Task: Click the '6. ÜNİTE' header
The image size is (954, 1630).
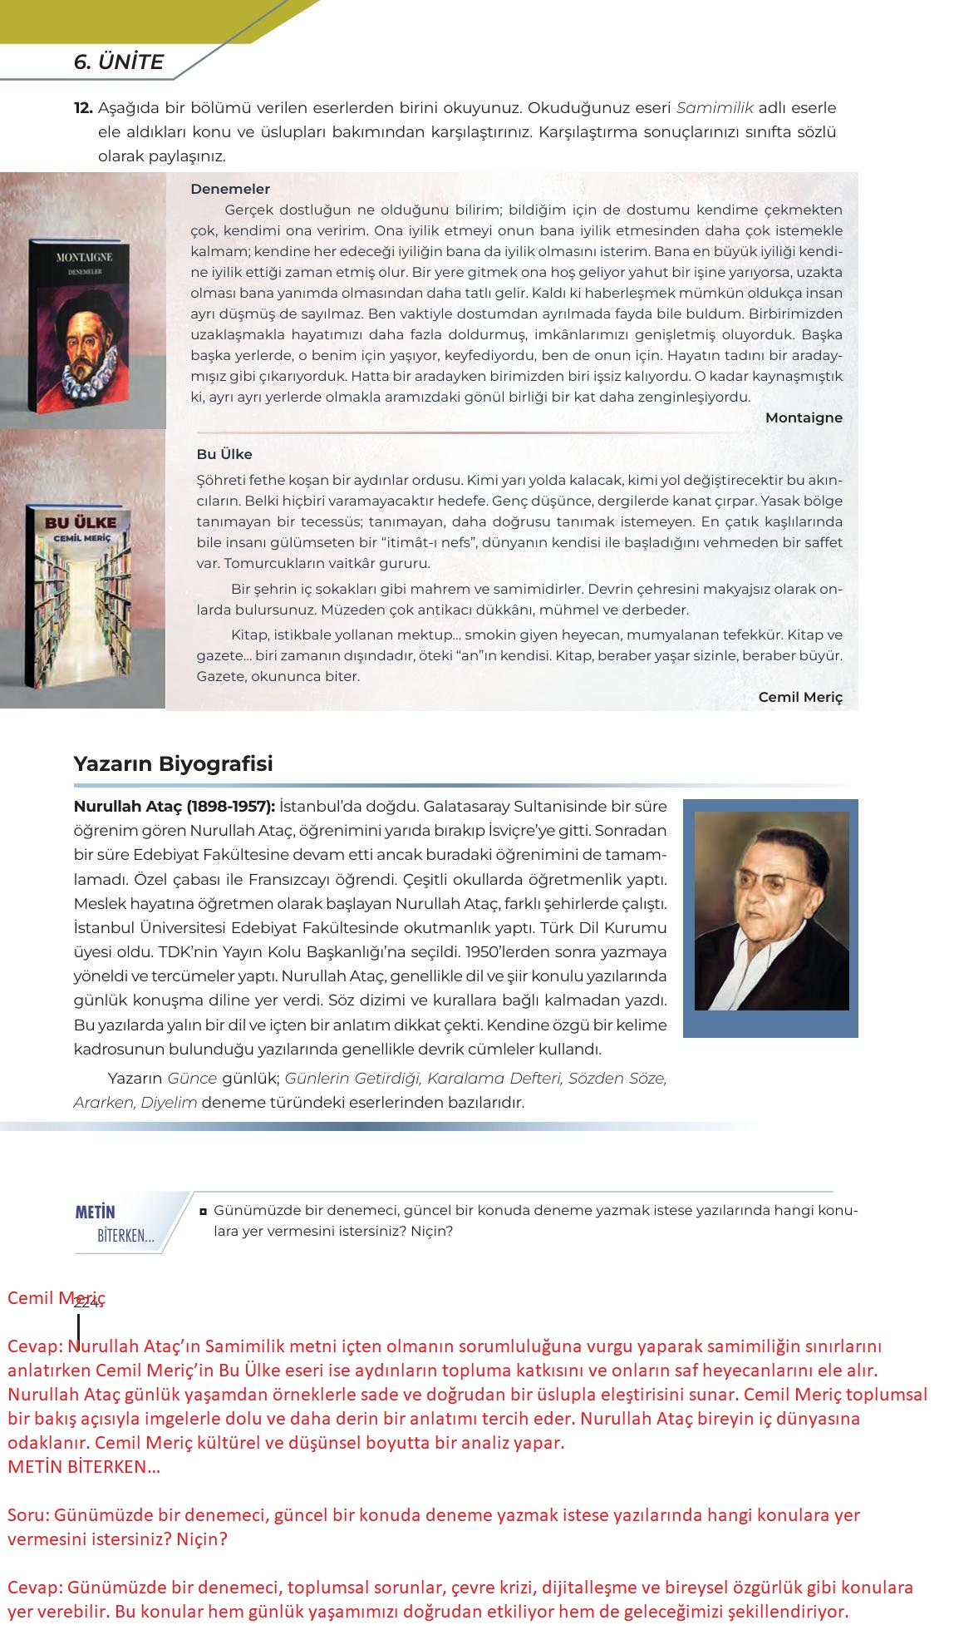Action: coord(118,62)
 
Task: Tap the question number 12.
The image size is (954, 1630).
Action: coord(82,108)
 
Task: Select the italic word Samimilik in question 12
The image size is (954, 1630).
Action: coord(714,108)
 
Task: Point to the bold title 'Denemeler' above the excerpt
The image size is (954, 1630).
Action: coord(230,189)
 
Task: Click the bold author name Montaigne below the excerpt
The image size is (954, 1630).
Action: coord(803,417)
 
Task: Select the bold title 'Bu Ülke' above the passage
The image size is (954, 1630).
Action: coord(224,454)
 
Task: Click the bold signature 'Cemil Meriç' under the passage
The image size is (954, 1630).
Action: coord(799,697)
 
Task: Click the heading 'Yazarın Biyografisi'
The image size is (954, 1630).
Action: coord(173,763)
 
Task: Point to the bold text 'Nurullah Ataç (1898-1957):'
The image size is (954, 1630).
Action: coord(174,806)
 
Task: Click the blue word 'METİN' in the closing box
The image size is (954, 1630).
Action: coord(95,1212)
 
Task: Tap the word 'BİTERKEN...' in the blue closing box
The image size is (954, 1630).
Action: coord(125,1236)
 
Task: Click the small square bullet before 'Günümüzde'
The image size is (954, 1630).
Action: coord(203,1211)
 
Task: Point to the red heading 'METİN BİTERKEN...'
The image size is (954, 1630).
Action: coord(84,1466)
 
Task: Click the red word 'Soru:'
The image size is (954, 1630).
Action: coord(29,1514)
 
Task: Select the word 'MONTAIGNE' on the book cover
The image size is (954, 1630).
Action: coord(84,257)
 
